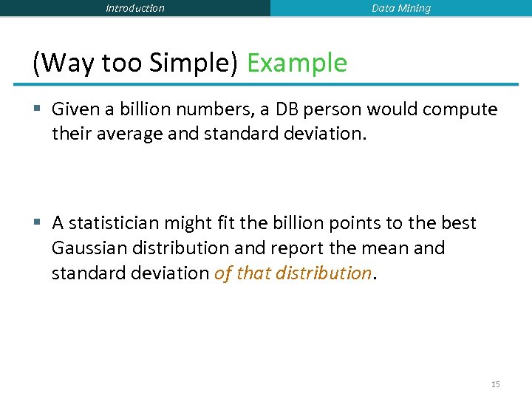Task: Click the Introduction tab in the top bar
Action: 135,8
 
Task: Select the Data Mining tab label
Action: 400,8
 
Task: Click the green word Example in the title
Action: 296,63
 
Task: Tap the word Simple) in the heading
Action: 193,63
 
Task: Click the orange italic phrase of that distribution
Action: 293,273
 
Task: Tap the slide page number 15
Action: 495,384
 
